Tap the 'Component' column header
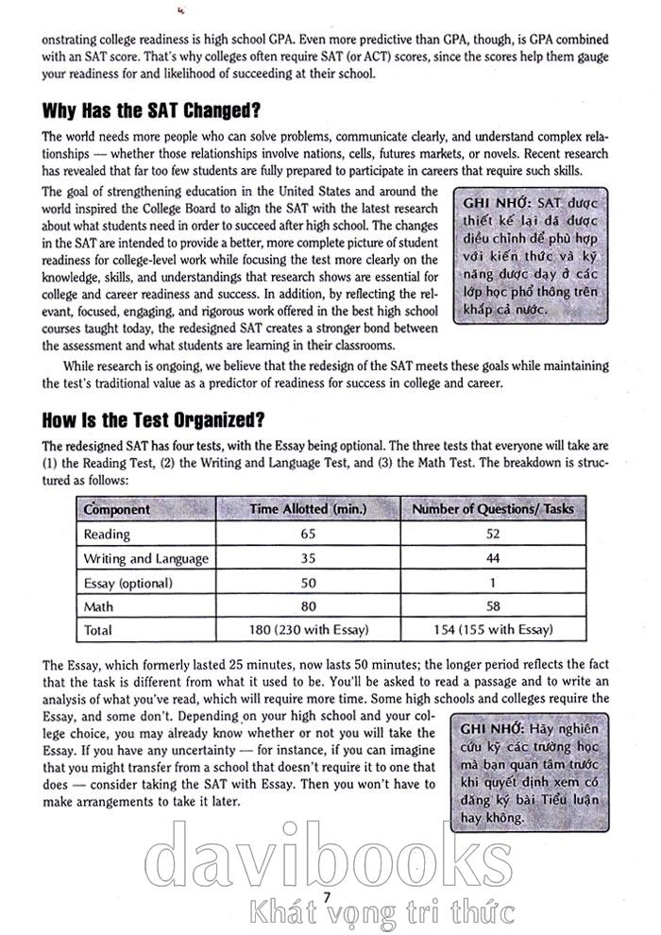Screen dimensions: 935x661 (x=117, y=509)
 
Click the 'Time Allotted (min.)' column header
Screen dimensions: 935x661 (x=307, y=509)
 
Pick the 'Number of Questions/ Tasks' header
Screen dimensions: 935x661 (x=494, y=509)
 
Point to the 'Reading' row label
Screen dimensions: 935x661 (x=107, y=534)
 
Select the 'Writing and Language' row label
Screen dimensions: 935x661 (x=146, y=558)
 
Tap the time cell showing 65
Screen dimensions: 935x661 (x=307, y=534)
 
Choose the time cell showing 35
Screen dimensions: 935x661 (x=307, y=558)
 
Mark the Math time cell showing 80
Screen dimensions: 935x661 (x=307, y=606)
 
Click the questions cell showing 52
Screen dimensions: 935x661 (x=494, y=534)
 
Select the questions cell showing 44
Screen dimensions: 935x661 (x=494, y=558)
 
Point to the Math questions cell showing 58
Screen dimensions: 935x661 (x=494, y=606)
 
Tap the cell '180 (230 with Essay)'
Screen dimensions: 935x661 (x=307, y=630)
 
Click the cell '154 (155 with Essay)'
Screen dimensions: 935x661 (x=494, y=630)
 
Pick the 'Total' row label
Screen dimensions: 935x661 (x=98, y=630)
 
